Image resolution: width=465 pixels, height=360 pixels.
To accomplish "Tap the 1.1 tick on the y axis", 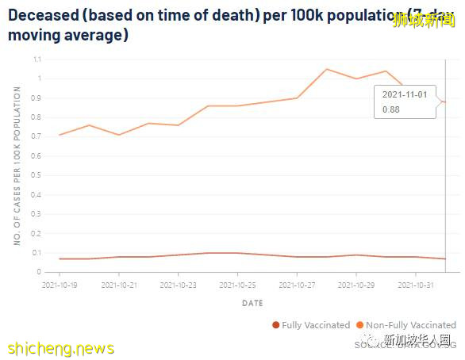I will coord(37,59).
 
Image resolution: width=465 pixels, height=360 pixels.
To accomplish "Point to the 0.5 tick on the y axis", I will coord(37,175).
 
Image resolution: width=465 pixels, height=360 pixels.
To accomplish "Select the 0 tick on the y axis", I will coord(39,272).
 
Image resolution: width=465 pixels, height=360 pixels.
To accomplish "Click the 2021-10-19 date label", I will coord(59,284).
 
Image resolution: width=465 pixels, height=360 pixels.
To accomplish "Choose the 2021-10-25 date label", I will coord(237,284).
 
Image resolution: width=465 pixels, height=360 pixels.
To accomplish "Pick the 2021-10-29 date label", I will coord(356,284).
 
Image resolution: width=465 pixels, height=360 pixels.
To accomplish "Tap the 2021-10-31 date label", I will coord(416,284).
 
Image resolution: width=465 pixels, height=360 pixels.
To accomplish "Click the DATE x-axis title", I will coord(252,303).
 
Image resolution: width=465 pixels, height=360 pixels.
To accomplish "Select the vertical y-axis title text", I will coord(17,167).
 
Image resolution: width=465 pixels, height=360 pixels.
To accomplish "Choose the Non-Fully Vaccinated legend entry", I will coord(406,325).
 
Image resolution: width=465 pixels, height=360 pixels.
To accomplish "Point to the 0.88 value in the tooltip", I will coord(391,109).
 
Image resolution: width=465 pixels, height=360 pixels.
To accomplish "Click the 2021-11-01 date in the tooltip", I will coord(405,94).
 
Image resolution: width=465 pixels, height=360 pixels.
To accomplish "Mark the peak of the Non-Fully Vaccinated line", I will coord(327,69).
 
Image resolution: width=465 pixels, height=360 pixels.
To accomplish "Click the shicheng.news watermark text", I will coord(60,348).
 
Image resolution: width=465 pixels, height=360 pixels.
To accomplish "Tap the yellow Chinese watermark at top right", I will coord(425,21).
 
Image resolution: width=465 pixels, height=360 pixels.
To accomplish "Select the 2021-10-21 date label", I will coord(118,284).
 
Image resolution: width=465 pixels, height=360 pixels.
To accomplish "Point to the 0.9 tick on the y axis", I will coord(37,98).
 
